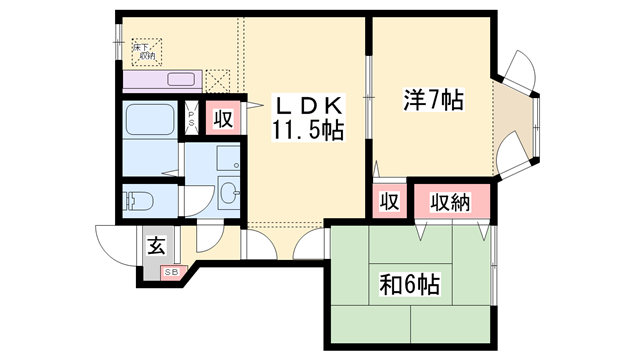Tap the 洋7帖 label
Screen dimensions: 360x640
point(433,101)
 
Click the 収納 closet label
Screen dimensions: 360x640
point(450,202)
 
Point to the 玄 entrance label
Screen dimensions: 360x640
point(157,245)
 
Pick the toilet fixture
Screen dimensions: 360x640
point(138,201)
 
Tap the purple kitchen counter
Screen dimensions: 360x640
point(162,80)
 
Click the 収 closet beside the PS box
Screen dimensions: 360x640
point(222,119)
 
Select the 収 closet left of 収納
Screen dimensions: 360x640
point(389,202)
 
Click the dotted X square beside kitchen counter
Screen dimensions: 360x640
point(217,79)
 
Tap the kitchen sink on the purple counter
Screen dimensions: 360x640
point(182,79)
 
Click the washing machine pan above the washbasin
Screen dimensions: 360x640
point(229,159)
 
